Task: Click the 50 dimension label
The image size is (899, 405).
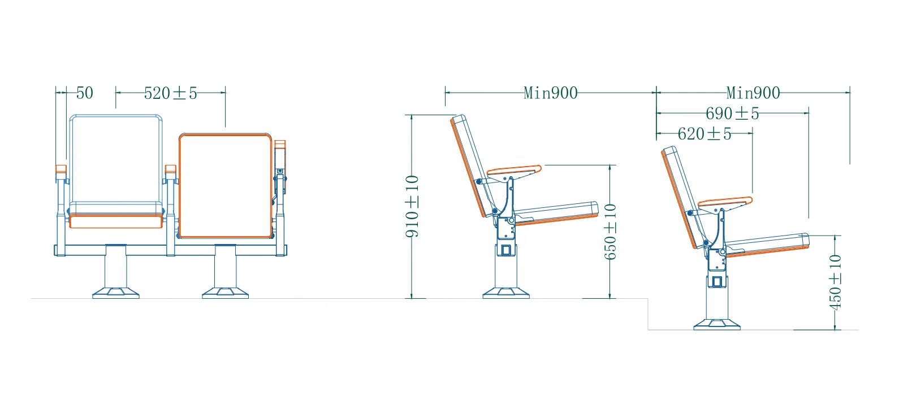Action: [x=85, y=93]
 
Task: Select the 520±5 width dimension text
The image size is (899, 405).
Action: [x=171, y=93]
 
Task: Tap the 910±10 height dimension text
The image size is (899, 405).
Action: [x=412, y=207]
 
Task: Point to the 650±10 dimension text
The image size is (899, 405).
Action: [x=610, y=232]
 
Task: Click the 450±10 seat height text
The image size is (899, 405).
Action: [x=835, y=282]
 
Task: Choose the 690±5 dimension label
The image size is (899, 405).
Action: [x=732, y=114]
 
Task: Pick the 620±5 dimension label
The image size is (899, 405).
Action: [x=704, y=134]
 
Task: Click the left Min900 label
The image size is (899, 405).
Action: [x=551, y=93]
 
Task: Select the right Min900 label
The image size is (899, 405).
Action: [x=753, y=93]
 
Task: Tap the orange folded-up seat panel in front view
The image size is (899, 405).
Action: [x=226, y=186]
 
